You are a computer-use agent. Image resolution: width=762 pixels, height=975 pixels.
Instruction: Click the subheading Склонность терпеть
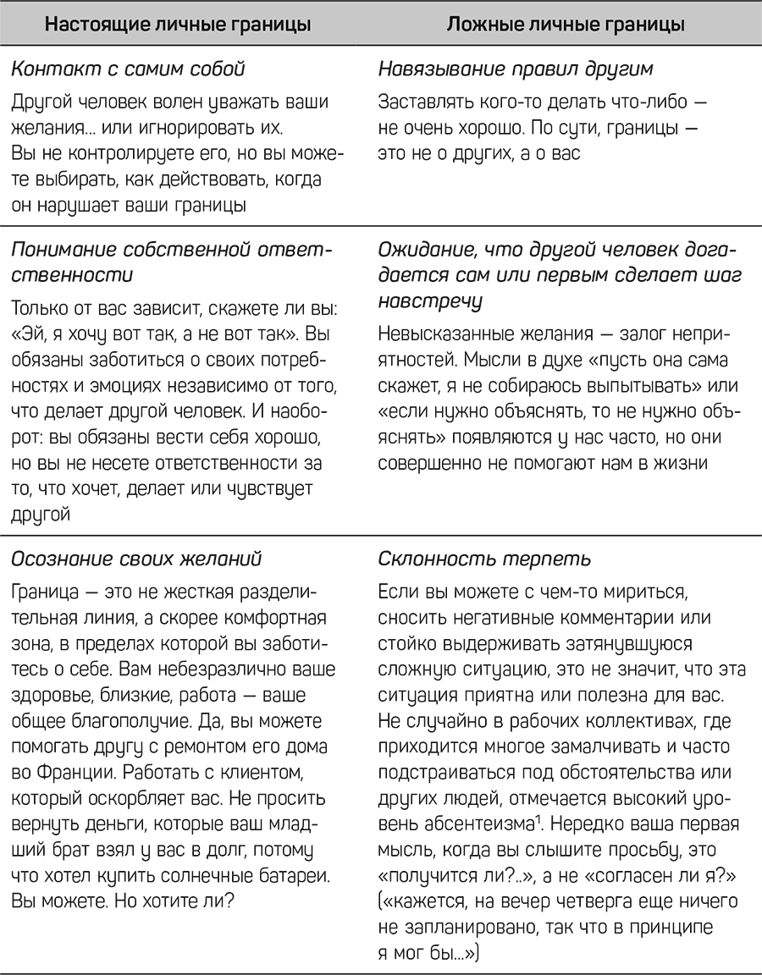[484, 559]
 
